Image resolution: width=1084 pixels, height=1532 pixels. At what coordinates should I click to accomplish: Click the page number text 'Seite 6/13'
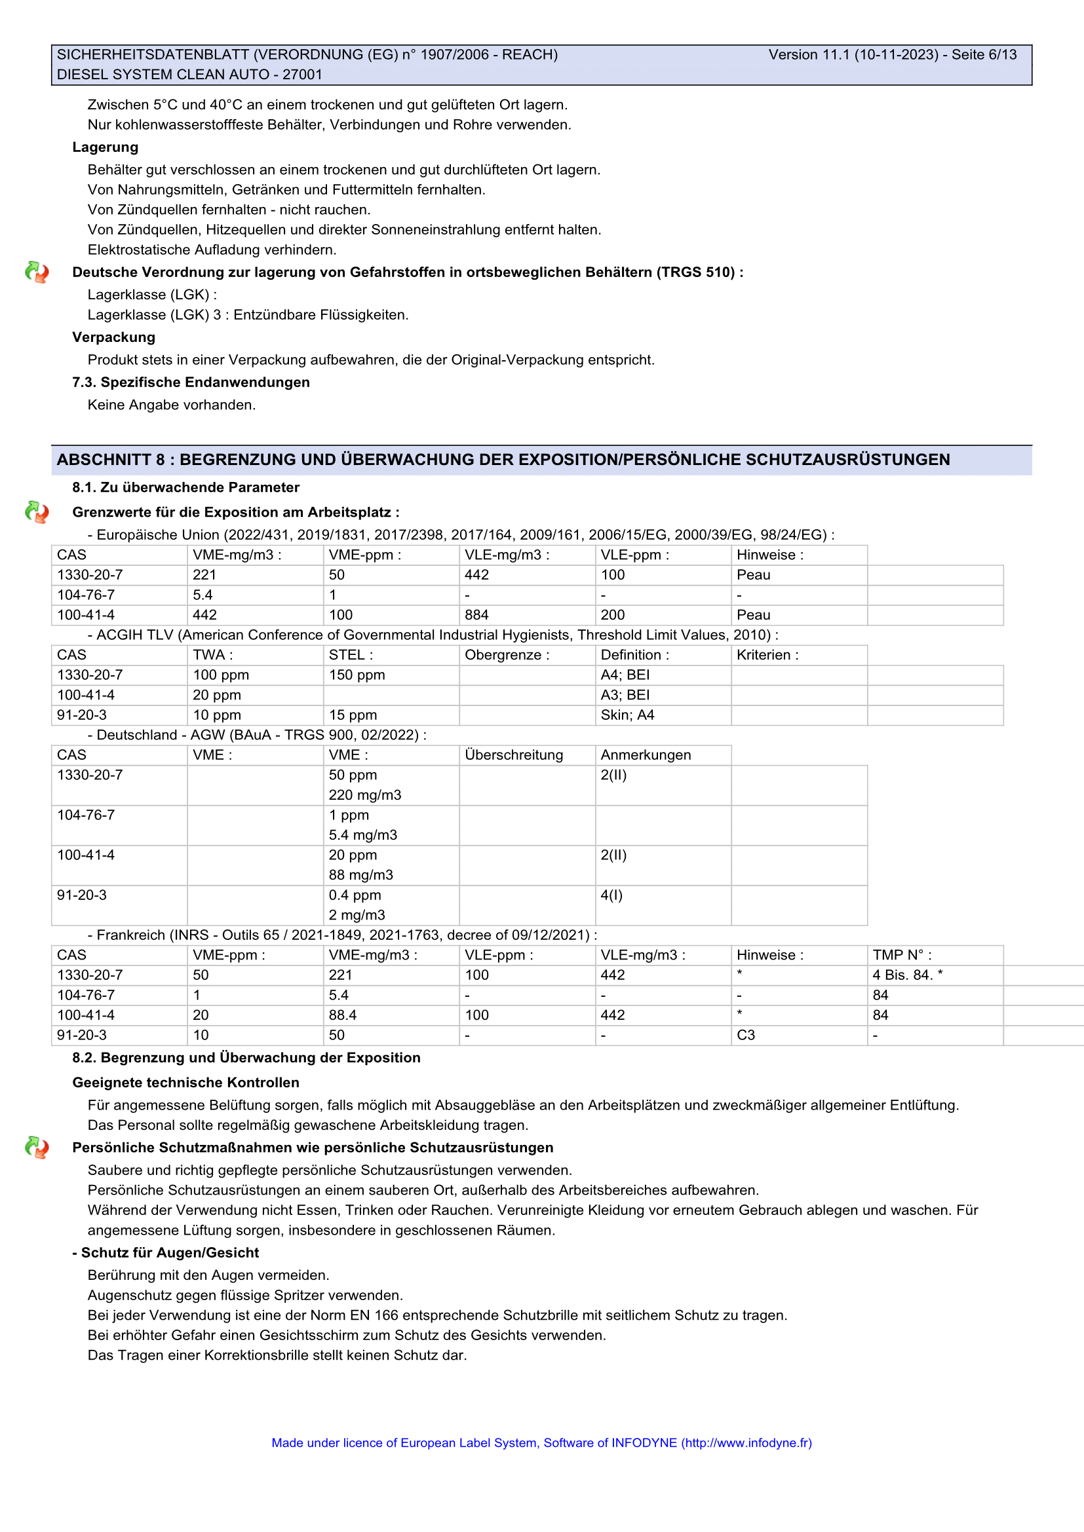[984, 55]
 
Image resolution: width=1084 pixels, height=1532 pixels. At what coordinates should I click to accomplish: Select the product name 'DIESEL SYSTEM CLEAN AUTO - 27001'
[189, 75]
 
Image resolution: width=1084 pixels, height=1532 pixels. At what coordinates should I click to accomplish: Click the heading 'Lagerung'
[106, 147]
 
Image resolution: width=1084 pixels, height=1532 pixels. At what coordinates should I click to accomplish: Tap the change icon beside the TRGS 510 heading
[37, 272]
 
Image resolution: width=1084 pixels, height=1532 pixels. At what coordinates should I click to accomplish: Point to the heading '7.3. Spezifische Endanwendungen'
[191, 383]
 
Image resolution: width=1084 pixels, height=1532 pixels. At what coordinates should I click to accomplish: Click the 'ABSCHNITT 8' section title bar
[503, 460]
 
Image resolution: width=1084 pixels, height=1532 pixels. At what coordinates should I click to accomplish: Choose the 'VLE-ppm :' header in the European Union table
[635, 555]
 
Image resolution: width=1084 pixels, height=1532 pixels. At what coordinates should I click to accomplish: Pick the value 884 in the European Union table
[476, 615]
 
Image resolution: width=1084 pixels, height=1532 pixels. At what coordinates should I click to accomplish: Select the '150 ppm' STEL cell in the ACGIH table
[357, 675]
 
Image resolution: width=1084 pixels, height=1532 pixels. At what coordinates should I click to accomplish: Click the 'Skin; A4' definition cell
[627, 715]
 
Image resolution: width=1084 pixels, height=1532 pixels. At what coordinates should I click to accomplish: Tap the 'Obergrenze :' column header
[507, 655]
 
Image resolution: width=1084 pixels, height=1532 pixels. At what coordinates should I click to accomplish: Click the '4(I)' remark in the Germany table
[611, 895]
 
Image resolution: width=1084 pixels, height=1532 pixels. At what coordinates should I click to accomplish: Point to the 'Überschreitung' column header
[514, 755]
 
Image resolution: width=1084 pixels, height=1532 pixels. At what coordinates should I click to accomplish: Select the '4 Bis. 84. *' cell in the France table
[908, 975]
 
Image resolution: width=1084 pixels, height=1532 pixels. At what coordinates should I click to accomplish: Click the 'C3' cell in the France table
[746, 1036]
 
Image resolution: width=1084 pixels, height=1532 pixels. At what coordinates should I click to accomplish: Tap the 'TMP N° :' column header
[902, 956]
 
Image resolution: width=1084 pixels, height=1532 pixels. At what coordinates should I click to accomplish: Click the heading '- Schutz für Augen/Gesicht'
[166, 1253]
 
